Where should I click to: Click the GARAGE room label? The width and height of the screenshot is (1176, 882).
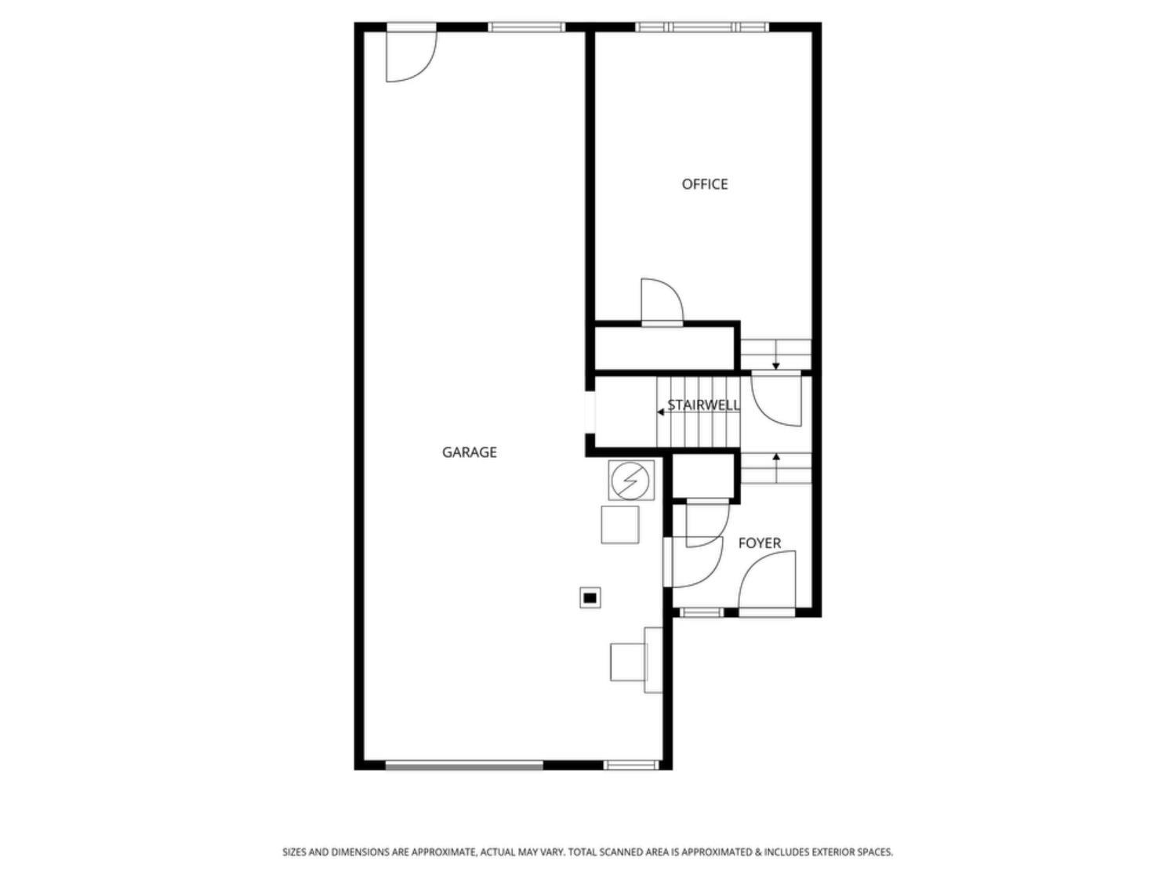[469, 452]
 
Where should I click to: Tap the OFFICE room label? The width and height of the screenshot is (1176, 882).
[705, 184]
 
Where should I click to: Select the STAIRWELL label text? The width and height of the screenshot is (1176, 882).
[703, 405]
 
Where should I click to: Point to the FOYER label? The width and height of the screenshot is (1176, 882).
[759, 543]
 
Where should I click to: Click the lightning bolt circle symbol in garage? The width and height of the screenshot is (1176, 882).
[631, 481]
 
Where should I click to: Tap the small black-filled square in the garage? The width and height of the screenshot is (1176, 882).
[590, 597]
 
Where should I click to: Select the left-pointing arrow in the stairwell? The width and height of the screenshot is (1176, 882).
[661, 412]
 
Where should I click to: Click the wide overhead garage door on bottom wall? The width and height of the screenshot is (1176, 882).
[464, 765]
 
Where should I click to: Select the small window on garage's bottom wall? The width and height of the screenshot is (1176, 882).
[631, 765]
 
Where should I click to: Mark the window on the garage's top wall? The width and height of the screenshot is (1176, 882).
[526, 27]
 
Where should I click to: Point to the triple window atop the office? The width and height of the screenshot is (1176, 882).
[702, 27]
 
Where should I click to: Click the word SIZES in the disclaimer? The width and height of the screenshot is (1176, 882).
[294, 851]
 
